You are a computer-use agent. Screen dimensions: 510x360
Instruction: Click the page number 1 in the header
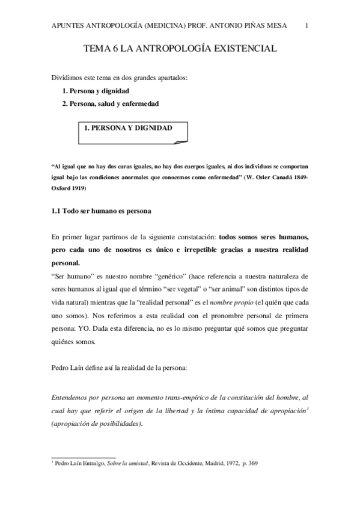point(307,25)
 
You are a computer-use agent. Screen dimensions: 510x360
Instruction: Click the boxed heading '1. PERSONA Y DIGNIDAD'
point(128,128)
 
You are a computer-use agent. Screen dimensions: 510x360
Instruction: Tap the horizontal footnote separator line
point(81,456)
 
